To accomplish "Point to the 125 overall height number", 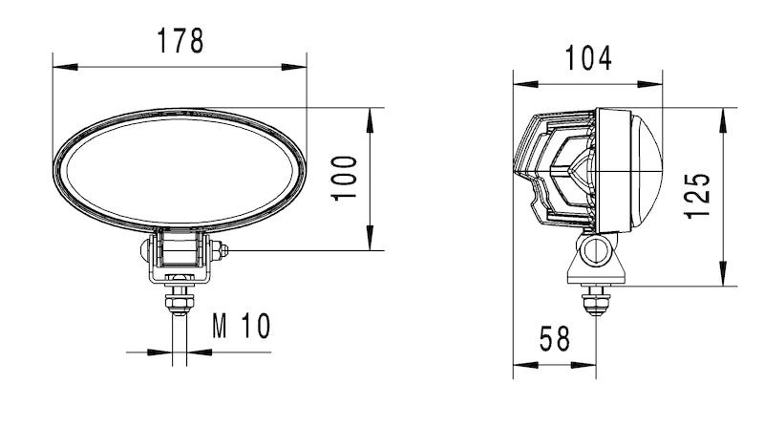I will (x=699, y=196).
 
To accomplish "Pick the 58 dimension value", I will (x=554, y=340).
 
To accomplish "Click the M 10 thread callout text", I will (x=241, y=327).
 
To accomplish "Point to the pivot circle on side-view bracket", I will (x=598, y=251).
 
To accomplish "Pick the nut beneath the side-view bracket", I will (x=598, y=304).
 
